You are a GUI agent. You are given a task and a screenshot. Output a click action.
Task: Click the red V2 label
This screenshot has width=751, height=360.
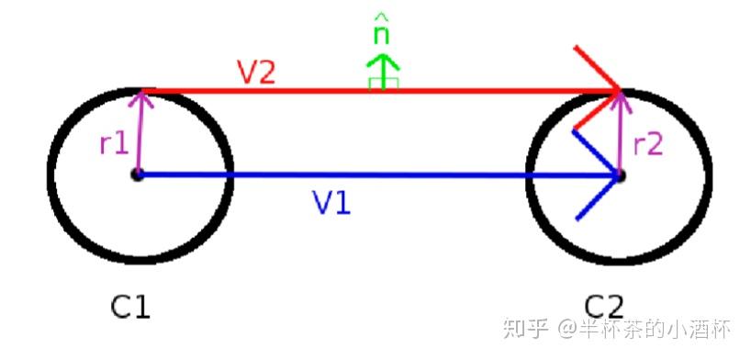256,73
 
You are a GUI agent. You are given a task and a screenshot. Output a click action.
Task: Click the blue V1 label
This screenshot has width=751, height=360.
331,203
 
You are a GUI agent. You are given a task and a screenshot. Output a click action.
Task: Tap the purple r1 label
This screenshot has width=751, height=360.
114,143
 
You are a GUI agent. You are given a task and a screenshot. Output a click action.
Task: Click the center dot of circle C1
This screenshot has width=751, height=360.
137,174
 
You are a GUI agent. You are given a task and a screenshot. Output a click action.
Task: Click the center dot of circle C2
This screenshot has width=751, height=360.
620,174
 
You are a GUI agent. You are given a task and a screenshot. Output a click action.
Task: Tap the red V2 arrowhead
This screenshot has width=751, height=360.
608,89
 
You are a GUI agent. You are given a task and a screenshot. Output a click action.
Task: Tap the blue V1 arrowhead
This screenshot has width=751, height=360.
601,174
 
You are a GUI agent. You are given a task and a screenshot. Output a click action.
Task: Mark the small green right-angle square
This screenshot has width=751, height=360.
376,84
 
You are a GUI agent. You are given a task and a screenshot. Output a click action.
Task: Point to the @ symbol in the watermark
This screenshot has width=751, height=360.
566,328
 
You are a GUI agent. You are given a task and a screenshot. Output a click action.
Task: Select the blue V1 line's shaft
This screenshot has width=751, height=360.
367,174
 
